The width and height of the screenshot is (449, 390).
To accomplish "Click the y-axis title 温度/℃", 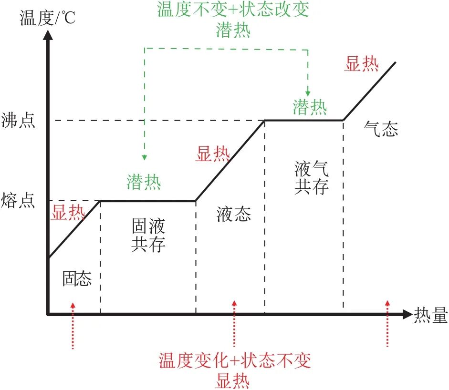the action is (47, 19).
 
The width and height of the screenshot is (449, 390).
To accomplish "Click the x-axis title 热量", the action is (431, 314).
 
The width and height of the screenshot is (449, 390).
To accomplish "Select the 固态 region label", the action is (76, 278).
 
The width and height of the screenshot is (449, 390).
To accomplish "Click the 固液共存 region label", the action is (148, 235).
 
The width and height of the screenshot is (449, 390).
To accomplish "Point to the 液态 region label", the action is (233, 215).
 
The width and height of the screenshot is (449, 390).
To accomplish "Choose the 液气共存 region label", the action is (312, 177).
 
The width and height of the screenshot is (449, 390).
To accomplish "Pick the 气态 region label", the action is (381, 129).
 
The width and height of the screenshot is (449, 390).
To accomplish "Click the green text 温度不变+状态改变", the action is (233, 10).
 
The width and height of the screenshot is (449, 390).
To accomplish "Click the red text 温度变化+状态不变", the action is (234, 359).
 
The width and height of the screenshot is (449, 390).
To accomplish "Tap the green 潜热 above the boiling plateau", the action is (310, 107).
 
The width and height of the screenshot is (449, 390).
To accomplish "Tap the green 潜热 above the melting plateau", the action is (144, 182).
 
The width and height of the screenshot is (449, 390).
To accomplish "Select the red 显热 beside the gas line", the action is (362, 64).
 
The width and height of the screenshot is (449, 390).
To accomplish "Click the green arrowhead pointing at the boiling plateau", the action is (308, 92).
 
